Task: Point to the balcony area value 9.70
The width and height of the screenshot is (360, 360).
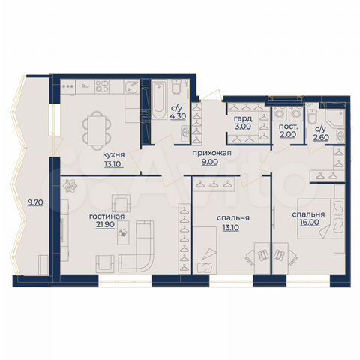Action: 34,202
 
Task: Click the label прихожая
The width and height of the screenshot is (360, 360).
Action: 211,153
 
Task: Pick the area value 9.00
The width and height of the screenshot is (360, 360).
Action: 211,162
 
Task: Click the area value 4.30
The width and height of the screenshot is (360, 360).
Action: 178,116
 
